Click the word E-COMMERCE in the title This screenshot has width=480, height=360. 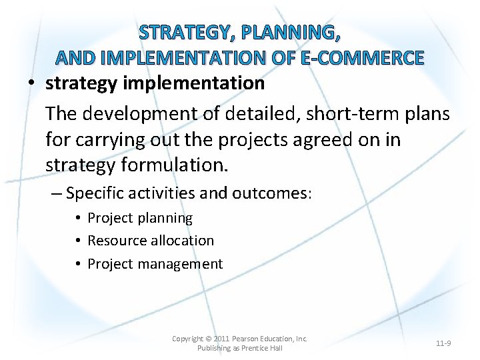(362, 58)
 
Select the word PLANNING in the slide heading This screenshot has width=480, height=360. (294, 32)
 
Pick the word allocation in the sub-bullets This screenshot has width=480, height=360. (183, 241)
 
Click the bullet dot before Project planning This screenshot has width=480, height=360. (78, 218)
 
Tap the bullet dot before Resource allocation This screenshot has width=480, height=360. (78, 241)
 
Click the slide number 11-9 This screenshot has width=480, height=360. (443, 343)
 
